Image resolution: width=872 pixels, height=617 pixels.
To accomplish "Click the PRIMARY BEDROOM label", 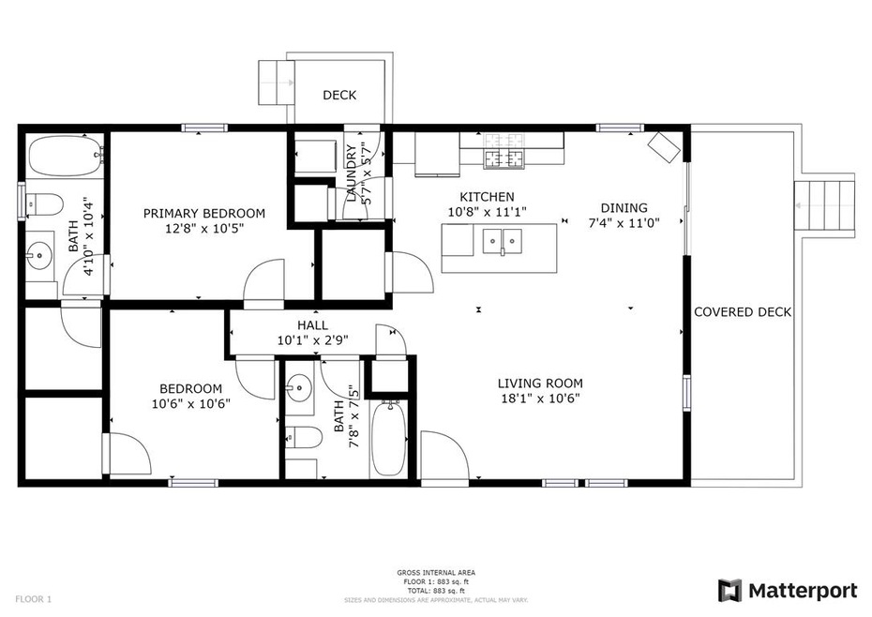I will [x=203, y=213].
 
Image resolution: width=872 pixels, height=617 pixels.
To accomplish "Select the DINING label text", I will [x=624, y=208].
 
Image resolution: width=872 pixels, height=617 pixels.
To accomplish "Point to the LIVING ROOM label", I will [x=540, y=383].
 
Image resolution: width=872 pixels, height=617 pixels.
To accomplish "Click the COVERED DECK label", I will [x=743, y=312].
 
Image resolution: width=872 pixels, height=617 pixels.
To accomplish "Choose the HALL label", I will [x=312, y=325].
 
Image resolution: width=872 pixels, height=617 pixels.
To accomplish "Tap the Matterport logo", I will [x=788, y=591].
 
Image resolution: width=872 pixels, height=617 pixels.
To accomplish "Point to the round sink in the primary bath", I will [x=39, y=253].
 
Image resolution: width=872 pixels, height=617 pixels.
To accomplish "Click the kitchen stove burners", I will [x=505, y=157].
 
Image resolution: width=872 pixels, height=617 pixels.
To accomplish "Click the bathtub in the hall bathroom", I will [x=391, y=437].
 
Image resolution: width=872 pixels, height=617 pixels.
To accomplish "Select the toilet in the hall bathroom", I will [x=300, y=436].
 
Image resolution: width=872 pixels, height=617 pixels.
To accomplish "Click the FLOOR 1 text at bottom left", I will [x=34, y=598].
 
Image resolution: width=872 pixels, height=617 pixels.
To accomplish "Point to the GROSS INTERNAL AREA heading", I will [x=435, y=572].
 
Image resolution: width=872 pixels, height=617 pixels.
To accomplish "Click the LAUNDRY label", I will [x=352, y=173].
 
